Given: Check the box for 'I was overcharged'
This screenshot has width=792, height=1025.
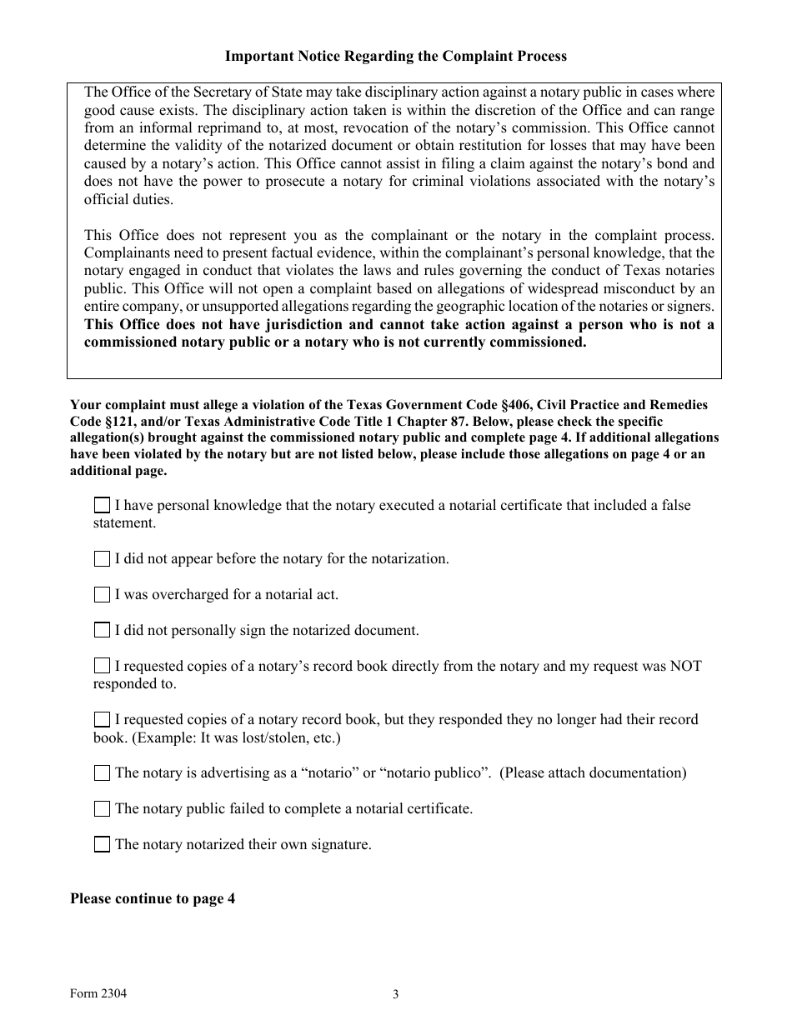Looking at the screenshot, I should coord(102,595).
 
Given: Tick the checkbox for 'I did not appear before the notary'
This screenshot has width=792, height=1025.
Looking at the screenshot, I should coord(102,559).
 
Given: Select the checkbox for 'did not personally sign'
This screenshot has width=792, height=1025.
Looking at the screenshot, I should coord(102,631).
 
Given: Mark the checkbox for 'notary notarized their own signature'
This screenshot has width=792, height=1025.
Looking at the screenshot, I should coord(102,845).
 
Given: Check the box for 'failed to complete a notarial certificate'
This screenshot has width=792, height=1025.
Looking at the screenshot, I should coord(102,809).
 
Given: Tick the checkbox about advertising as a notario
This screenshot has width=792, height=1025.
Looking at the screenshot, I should coord(102,773).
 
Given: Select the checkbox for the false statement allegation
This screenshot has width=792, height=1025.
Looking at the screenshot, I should coord(102,506).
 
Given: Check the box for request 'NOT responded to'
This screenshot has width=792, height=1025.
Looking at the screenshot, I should coord(102,667).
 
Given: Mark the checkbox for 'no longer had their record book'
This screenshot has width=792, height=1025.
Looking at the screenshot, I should coord(102,720).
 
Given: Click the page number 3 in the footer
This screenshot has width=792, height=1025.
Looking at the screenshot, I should coord(396,994).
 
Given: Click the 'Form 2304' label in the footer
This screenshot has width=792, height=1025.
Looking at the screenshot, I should coord(99,992).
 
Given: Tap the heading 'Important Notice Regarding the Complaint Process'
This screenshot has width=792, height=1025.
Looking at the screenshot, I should coord(395,57).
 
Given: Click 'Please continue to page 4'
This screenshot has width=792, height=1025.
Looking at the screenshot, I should coord(153,899).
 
